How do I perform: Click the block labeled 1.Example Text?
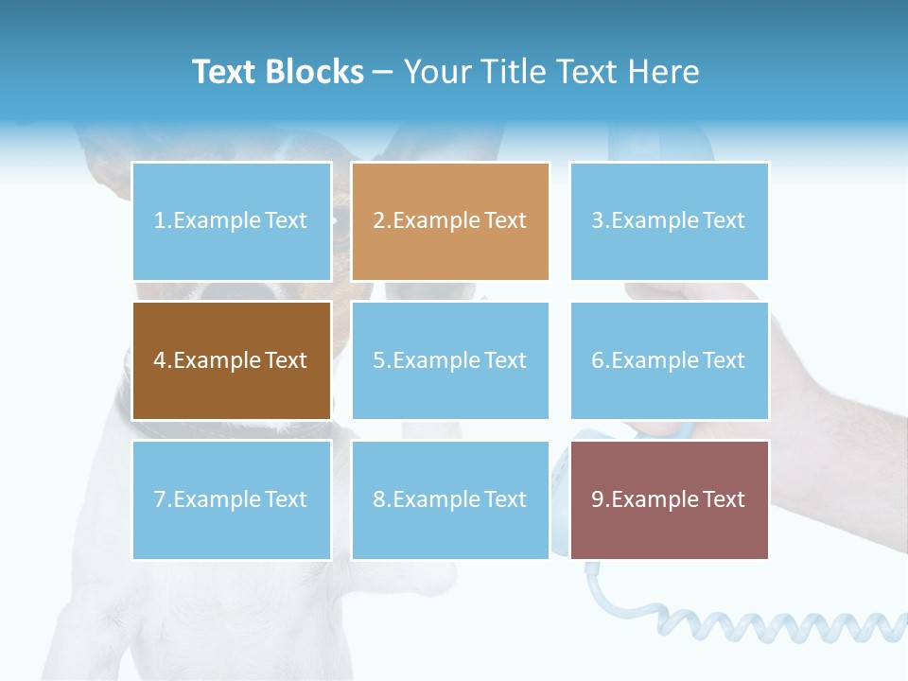point(231,221)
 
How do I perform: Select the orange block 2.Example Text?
point(449,221)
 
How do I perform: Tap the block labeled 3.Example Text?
point(669,221)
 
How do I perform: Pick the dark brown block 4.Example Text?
point(231,360)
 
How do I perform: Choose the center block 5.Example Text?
point(449,360)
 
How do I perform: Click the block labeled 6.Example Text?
point(669,360)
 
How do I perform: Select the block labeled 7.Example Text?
point(231,499)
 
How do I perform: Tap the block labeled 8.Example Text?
point(449,499)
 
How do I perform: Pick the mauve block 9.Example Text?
point(669,499)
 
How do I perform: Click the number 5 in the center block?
point(378,360)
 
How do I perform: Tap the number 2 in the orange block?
point(378,221)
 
